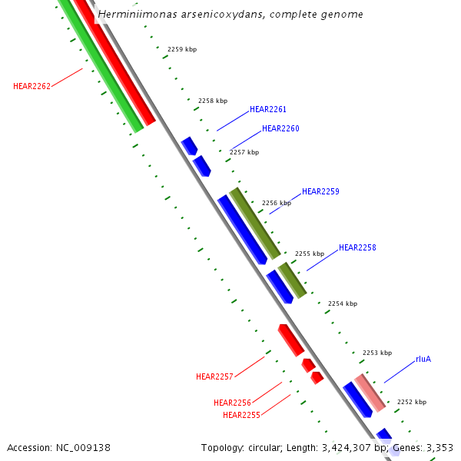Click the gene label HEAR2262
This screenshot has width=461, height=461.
[32, 86]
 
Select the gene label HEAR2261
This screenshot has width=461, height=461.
[268, 110]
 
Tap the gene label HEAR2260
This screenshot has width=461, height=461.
[280, 128]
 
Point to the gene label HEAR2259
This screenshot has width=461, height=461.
[320, 191]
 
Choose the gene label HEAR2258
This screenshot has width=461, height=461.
[357, 247]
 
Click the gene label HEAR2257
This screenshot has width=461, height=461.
[214, 376]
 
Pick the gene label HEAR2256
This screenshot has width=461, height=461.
[232, 403]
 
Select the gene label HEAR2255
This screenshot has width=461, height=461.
[241, 415]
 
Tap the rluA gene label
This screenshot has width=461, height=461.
[423, 359]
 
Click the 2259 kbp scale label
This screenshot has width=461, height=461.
[182, 49]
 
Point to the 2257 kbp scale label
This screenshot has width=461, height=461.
[244, 152]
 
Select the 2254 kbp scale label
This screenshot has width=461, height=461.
[343, 303]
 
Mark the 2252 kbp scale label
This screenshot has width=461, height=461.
[412, 402]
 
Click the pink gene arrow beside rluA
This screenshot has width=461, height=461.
[370, 392]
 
